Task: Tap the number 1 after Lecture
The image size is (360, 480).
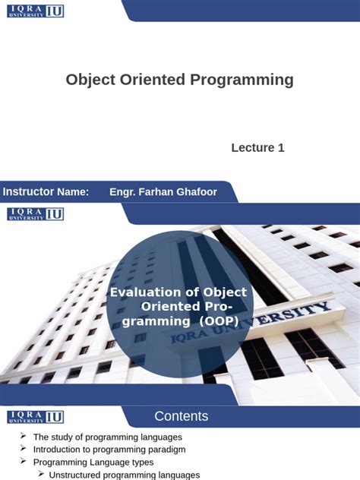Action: tap(281, 147)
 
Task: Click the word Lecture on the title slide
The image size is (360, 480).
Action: tap(253, 147)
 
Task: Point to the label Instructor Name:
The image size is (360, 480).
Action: tap(46, 191)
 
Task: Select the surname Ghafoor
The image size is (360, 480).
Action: tap(193, 191)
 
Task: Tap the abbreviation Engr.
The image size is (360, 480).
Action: tap(122, 191)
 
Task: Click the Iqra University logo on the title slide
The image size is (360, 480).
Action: tap(35, 11)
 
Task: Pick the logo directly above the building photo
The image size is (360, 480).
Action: tap(35, 214)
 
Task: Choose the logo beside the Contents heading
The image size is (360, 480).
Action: tap(35, 417)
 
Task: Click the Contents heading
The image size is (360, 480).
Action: tap(181, 416)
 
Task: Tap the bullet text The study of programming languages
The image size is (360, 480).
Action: tap(107, 437)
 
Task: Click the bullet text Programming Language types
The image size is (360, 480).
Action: tap(93, 462)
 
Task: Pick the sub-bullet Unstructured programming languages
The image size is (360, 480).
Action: tap(124, 475)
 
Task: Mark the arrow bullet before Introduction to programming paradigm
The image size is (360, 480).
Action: tap(24, 449)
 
